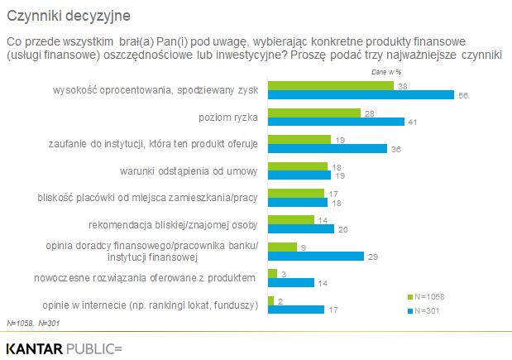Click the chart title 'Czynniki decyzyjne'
[67, 16]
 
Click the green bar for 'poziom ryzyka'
[314, 113]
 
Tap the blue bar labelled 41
[336, 122]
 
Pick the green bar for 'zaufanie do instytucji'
[299, 139]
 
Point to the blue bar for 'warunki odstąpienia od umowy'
[299, 175]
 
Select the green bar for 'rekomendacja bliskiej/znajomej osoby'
[291, 219]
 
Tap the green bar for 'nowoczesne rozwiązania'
[272, 272]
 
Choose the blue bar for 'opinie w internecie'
[296, 309]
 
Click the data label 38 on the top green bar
[402, 86]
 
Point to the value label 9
[304, 246]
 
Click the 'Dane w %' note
[387, 72]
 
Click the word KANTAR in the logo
[35, 348]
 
